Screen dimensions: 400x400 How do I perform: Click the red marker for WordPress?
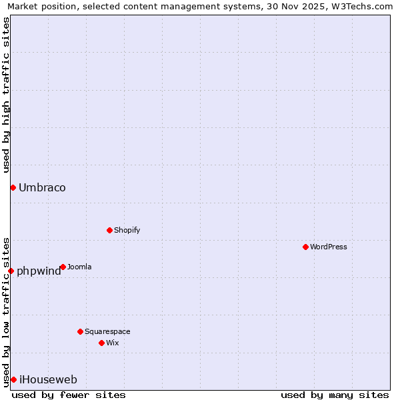pos(305,247)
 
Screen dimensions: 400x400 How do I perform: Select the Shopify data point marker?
pos(109,230)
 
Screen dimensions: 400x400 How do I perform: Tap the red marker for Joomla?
pos(63,267)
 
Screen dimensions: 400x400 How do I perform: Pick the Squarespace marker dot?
pos(80,331)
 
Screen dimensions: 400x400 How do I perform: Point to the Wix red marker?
pos(101,343)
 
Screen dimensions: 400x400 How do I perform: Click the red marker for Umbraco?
pos(13,187)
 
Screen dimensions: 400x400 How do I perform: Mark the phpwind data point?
pos(11,271)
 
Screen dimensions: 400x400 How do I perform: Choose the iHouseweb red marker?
pos(13,379)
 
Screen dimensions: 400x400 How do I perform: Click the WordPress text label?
pos(329,247)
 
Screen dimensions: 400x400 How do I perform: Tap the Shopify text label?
pos(127,230)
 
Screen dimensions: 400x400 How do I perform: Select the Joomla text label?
pos(79,267)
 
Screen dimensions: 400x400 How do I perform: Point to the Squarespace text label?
pos(107,331)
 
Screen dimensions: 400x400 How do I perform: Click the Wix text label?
pos(113,343)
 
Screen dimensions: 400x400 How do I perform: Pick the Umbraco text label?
pos(42,187)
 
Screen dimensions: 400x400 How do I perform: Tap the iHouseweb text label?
pos(48,379)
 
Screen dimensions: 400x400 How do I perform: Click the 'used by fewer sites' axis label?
pos(69,395)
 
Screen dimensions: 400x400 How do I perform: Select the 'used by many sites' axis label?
pos(335,395)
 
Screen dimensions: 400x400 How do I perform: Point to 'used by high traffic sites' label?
pos(6,95)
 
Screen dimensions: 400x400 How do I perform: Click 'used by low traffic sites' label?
pos(6,311)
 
